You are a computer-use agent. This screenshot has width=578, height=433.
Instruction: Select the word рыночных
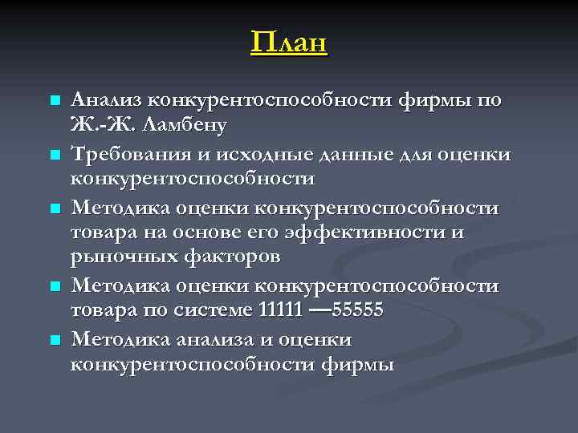pos(113,257)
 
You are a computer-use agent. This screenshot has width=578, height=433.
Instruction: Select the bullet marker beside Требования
pos(55,153)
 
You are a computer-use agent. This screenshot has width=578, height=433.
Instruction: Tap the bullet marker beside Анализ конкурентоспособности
pos(55,101)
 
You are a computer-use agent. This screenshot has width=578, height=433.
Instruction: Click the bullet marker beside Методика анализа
pos(55,340)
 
